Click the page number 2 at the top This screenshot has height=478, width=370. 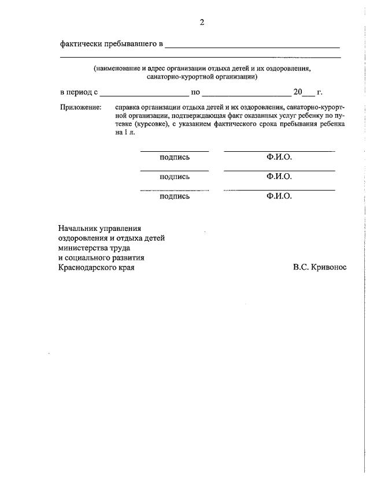point(202,23)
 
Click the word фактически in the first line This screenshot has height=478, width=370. point(82,44)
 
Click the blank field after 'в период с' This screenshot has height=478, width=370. point(144,94)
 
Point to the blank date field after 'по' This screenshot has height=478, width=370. point(247,94)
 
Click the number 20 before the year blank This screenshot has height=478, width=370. point(298,92)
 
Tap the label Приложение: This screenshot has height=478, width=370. point(81,107)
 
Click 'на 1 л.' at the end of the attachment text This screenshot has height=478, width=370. point(125,132)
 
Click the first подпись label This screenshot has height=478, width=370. point(175,157)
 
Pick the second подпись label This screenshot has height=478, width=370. point(175,177)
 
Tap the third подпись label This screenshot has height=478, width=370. point(175,196)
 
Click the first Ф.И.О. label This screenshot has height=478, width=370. point(279,157)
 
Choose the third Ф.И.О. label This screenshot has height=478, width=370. point(279,196)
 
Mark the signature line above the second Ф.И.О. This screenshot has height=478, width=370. point(279,171)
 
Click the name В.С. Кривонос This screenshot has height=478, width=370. point(320,267)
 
